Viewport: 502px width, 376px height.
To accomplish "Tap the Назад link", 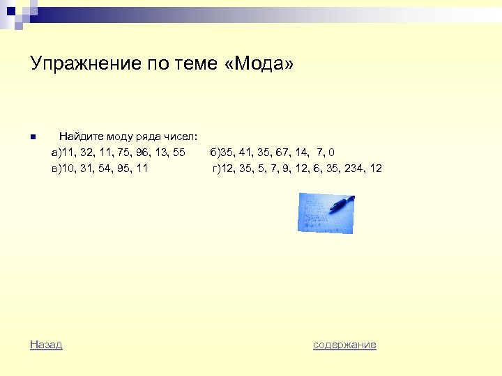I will tap(46, 345).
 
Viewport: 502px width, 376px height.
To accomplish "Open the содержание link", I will tap(344, 345).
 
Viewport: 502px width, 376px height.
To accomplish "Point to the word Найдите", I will tap(79, 135).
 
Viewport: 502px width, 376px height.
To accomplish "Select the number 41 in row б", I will tap(245, 152).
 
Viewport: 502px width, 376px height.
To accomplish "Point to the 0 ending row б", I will tap(341, 152).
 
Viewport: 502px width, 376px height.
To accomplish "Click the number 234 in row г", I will tap(351, 169).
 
